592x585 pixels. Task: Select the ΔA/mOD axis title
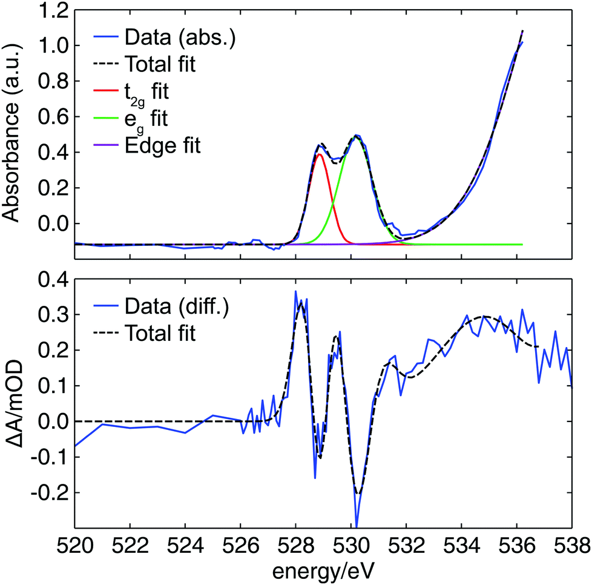(15, 403)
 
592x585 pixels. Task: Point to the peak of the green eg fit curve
(356, 137)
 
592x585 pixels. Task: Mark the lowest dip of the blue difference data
(357, 526)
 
